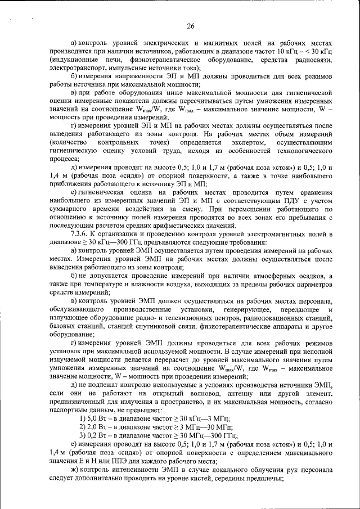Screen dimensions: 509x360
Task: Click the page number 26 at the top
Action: click(191, 26)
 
